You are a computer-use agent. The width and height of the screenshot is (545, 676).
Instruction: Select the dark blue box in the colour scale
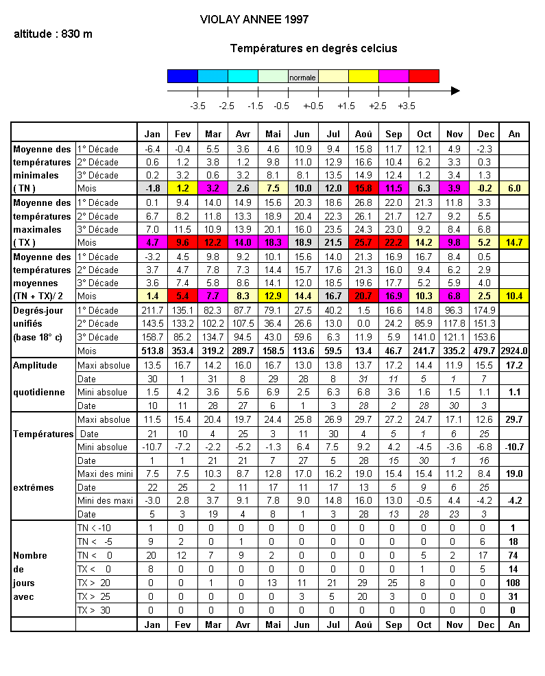(182, 76)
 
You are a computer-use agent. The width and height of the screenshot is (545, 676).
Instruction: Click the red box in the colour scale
(424, 76)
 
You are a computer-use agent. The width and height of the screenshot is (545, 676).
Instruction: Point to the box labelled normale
(303, 77)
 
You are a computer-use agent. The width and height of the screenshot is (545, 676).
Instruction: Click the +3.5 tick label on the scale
(407, 106)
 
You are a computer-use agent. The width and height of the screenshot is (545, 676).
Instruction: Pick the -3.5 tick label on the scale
(197, 106)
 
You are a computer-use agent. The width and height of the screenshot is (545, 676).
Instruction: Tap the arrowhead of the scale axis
(455, 91)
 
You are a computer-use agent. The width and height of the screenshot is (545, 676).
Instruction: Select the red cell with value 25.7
(363, 242)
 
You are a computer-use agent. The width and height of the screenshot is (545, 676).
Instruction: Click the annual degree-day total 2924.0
(514, 351)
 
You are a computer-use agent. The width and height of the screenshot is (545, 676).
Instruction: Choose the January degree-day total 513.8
(152, 351)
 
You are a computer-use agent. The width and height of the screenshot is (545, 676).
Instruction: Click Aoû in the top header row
(363, 135)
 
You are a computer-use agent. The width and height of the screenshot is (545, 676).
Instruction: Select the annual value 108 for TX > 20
(514, 583)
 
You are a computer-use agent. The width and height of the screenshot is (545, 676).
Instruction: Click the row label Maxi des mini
(104, 474)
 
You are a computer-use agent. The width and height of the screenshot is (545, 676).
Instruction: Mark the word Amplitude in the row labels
(35, 365)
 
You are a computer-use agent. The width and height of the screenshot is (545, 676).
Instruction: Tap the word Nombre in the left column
(30, 555)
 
